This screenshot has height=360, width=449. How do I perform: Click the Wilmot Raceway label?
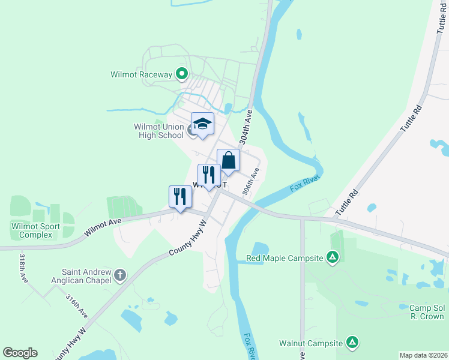click(141, 75)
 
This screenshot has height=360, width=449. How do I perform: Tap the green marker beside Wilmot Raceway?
click(182, 75)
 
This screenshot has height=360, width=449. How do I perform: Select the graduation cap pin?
click(202, 124)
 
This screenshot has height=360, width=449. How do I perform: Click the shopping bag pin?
click(228, 160)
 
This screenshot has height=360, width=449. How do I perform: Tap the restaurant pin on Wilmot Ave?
click(179, 197)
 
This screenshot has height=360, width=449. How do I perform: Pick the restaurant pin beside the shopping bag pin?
click(209, 175)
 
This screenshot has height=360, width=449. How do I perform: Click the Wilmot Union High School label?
click(158, 131)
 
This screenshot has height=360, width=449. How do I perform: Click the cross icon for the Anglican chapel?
click(120, 276)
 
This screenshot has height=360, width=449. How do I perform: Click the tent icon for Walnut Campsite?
click(354, 343)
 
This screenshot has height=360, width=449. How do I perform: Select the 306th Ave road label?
click(251, 181)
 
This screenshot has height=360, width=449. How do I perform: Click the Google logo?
click(20, 353)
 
